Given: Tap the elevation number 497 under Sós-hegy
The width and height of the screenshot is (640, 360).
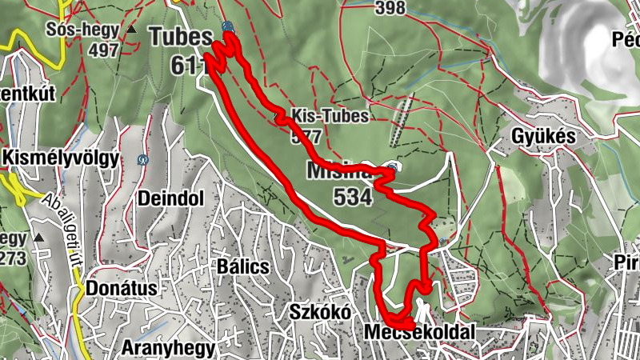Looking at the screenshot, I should click(x=105, y=50).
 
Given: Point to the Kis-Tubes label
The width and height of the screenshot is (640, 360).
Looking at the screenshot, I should click(x=330, y=115).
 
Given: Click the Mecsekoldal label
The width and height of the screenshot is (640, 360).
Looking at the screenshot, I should click(x=418, y=332).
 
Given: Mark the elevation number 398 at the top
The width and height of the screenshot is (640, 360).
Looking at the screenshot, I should click(x=389, y=8).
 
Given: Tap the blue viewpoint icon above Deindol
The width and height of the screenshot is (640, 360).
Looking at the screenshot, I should click(x=142, y=159).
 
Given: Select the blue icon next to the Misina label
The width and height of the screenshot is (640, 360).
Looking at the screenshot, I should click(x=391, y=167).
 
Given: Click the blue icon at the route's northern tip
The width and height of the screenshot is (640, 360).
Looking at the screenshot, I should click(x=228, y=26).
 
